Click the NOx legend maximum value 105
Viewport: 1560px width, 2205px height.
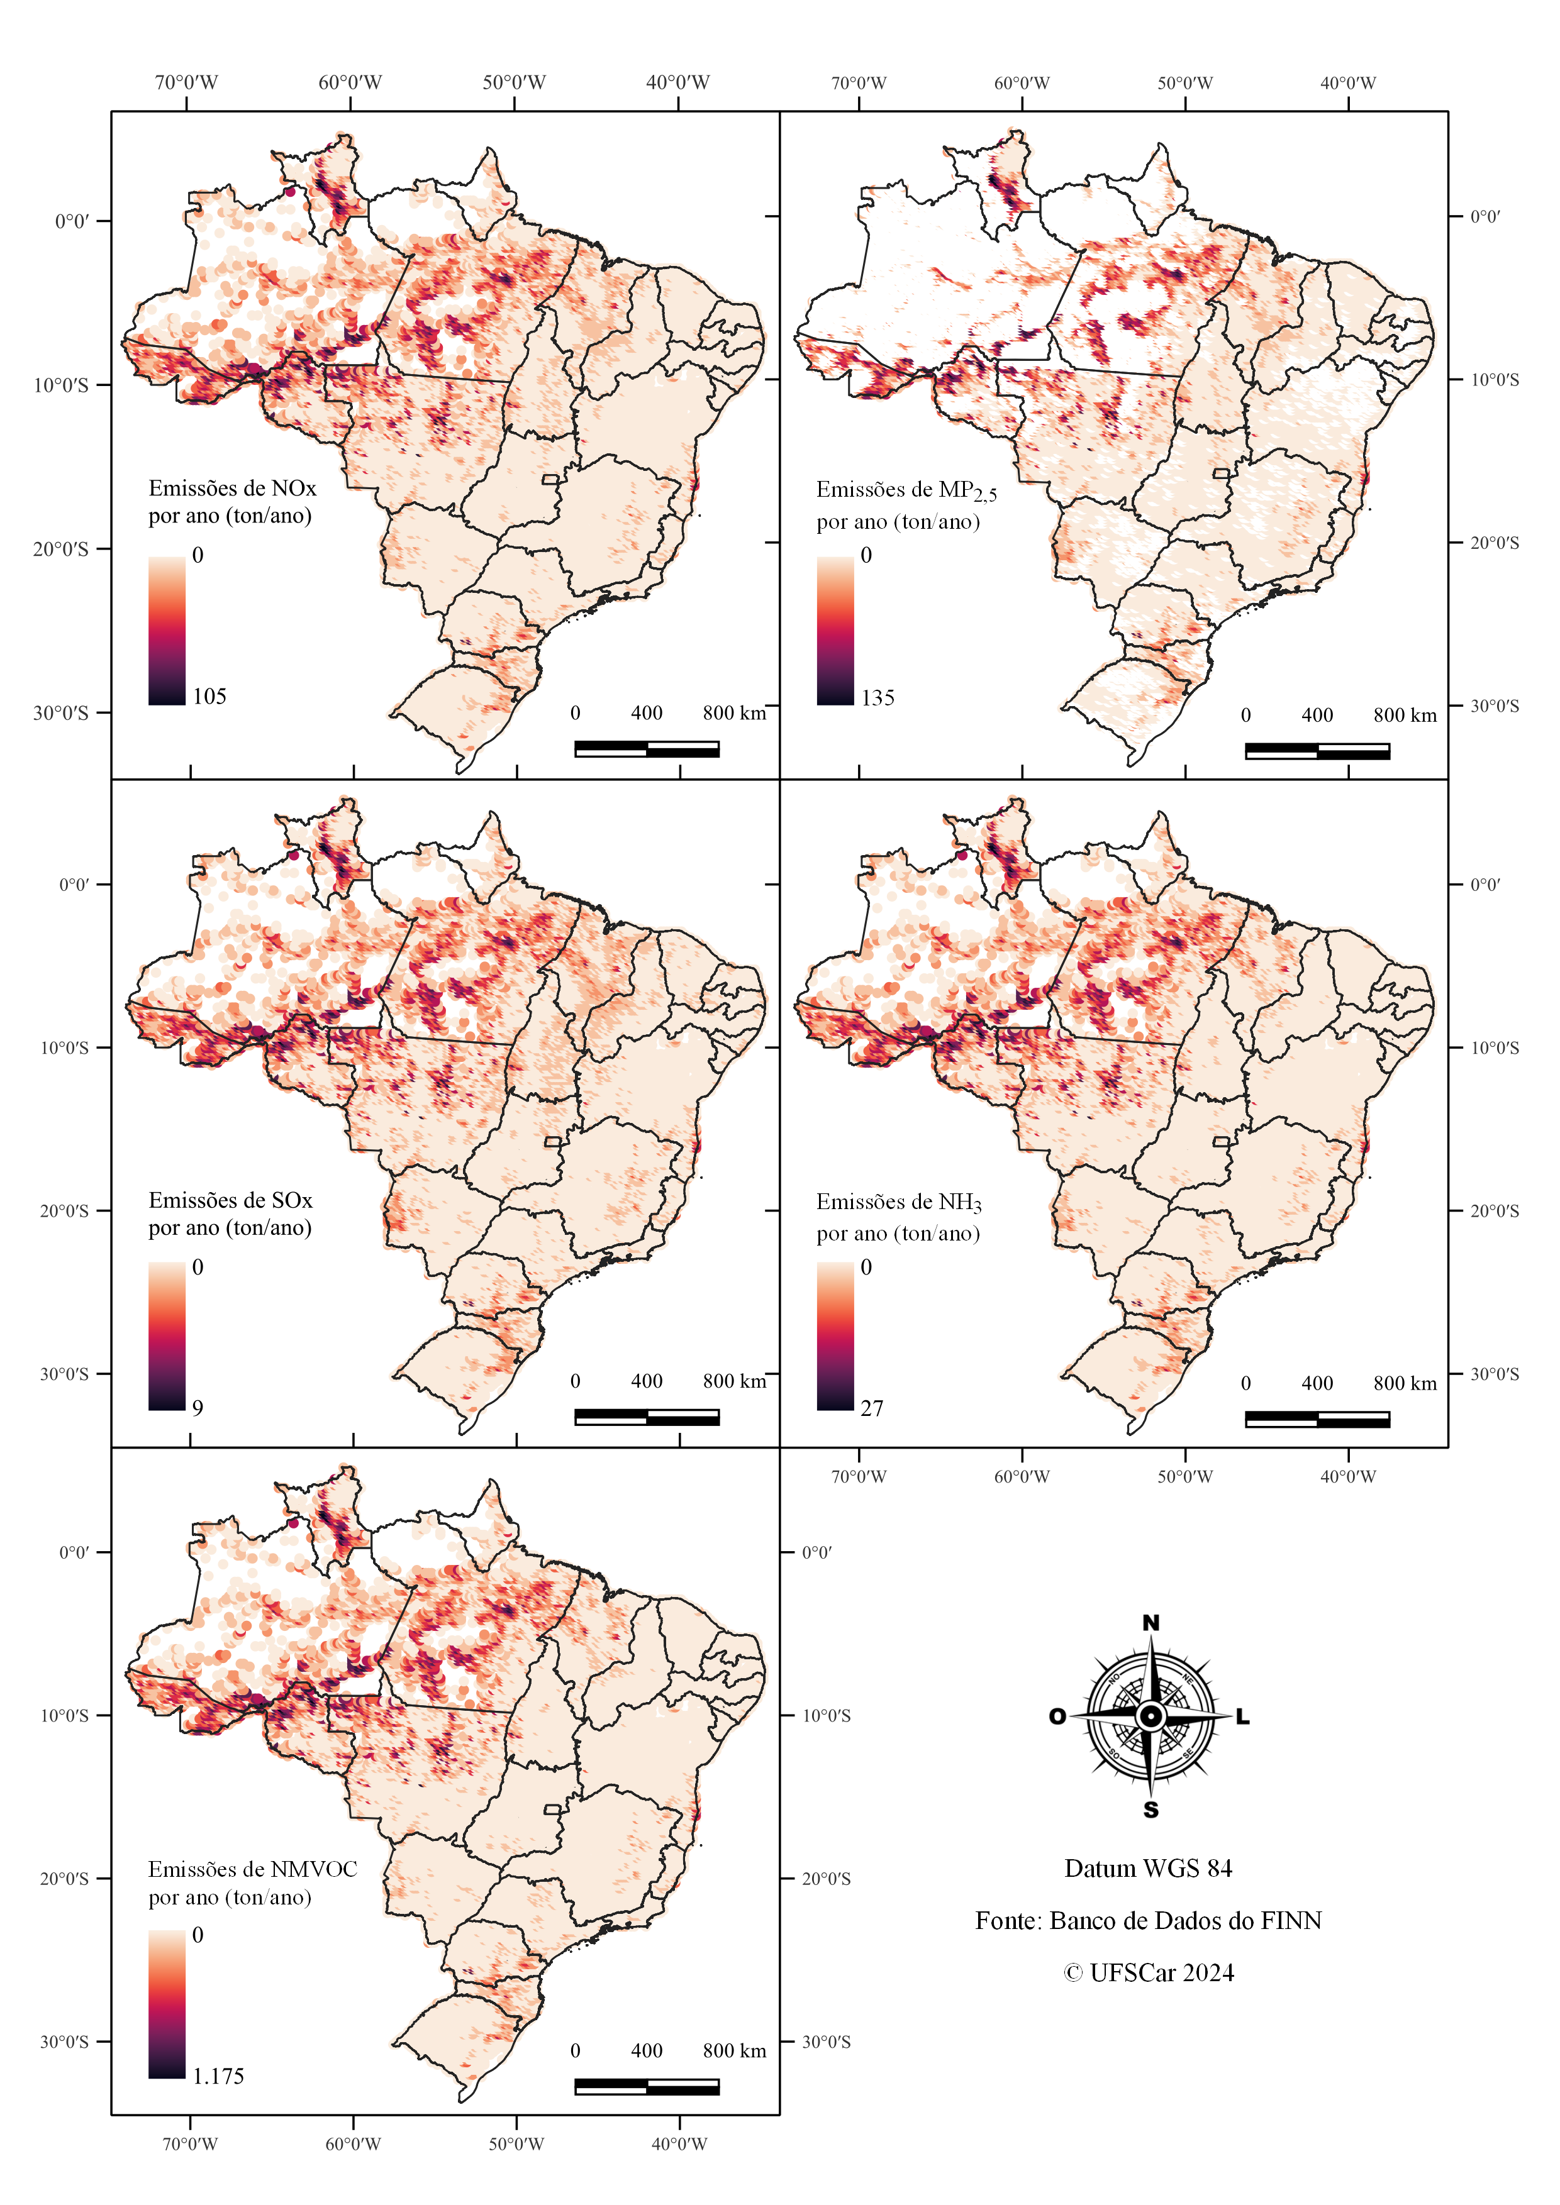click(x=209, y=696)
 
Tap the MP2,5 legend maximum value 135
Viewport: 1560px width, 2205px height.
click(x=878, y=698)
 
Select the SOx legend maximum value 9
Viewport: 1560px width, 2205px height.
click(x=198, y=1408)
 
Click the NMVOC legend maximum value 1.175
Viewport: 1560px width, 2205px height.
click(x=218, y=2076)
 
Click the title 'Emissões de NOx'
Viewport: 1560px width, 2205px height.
click(x=233, y=488)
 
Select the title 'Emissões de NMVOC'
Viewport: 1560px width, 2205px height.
click(x=253, y=1869)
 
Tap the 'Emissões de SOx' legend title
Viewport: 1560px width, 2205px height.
click(x=231, y=1200)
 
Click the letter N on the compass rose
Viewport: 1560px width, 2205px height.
click(x=1150, y=1623)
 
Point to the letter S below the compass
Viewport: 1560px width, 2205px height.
click(x=1150, y=1810)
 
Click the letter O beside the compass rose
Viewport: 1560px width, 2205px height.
click(x=1057, y=1716)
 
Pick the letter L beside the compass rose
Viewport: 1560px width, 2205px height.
click(x=1242, y=1716)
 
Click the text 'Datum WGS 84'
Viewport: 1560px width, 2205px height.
click(x=1148, y=1869)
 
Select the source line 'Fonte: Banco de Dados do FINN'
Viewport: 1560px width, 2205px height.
click(x=1148, y=1921)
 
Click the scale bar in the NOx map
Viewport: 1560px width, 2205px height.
click(x=647, y=749)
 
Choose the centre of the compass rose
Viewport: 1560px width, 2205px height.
click(x=1150, y=1716)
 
